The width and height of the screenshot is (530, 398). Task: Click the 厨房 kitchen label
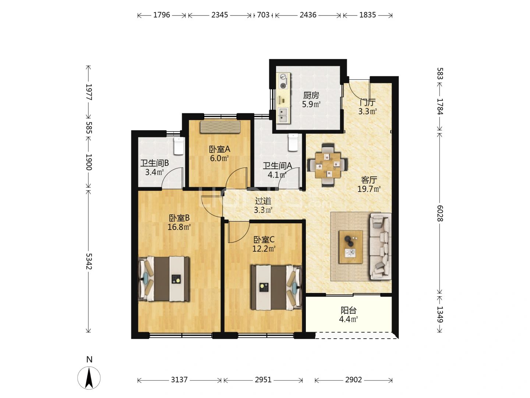(x=311, y=95)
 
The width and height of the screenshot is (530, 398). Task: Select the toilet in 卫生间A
(x=293, y=143)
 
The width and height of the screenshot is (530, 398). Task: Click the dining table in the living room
(x=328, y=165)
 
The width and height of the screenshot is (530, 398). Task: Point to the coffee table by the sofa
(x=351, y=247)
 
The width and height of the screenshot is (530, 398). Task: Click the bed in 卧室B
(x=164, y=279)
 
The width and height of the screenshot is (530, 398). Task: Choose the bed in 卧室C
(x=276, y=287)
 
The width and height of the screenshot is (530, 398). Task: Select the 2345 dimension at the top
(x=219, y=15)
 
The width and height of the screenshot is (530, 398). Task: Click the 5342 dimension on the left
(x=89, y=261)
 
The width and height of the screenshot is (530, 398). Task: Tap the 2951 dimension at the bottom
(x=263, y=380)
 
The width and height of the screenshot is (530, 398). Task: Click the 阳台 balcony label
(x=349, y=310)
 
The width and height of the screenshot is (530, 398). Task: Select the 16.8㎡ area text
(x=179, y=227)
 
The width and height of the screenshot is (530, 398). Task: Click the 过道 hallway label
(x=263, y=201)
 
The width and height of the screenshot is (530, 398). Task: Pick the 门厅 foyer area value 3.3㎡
(x=367, y=111)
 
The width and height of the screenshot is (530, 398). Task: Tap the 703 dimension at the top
(x=263, y=15)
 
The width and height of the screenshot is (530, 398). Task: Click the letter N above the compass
(x=89, y=359)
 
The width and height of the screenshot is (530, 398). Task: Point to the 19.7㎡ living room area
(x=369, y=189)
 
